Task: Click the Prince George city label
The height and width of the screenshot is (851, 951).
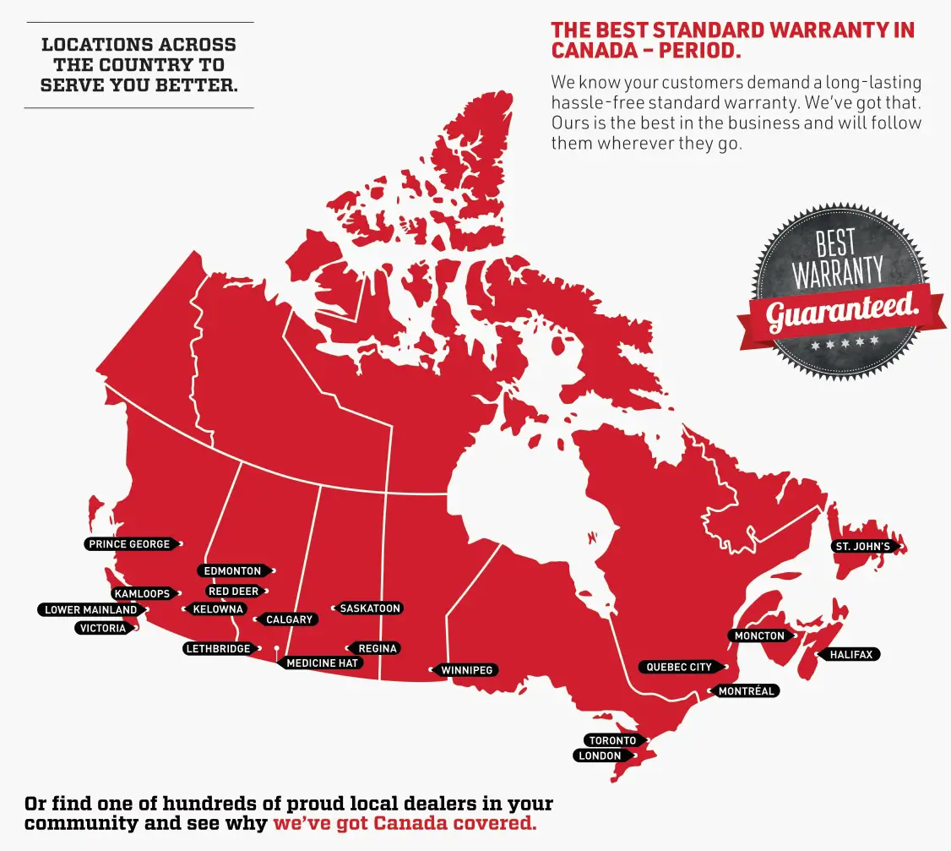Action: pyautogui.click(x=129, y=544)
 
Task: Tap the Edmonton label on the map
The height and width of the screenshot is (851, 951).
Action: pyautogui.click(x=232, y=571)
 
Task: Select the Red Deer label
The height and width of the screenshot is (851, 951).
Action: pyautogui.click(x=233, y=592)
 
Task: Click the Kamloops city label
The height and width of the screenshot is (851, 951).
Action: pyautogui.click(x=142, y=594)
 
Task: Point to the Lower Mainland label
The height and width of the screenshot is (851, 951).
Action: pyautogui.click(x=90, y=610)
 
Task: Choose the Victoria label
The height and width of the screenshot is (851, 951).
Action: pyautogui.click(x=103, y=629)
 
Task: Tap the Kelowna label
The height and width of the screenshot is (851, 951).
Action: pyautogui.click(x=218, y=609)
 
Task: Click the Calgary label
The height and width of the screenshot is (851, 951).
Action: pyautogui.click(x=289, y=620)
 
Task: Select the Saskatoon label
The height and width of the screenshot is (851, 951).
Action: pyautogui.click(x=370, y=608)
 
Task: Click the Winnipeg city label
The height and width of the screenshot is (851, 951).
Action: pyautogui.click(x=466, y=671)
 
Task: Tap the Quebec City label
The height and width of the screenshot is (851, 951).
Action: pyautogui.click(x=679, y=668)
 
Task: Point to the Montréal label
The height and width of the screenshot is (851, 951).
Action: pyautogui.click(x=746, y=691)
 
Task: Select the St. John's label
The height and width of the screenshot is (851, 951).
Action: pyautogui.click(x=862, y=547)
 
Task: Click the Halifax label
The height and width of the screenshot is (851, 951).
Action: pyautogui.click(x=850, y=655)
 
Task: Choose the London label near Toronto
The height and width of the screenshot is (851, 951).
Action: pyautogui.click(x=600, y=756)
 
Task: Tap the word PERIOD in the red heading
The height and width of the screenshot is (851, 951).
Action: pyautogui.click(x=698, y=50)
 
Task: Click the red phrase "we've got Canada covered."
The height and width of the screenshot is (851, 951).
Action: pyautogui.click(x=405, y=823)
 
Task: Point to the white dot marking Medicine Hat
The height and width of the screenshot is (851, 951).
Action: pyautogui.click(x=276, y=648)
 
